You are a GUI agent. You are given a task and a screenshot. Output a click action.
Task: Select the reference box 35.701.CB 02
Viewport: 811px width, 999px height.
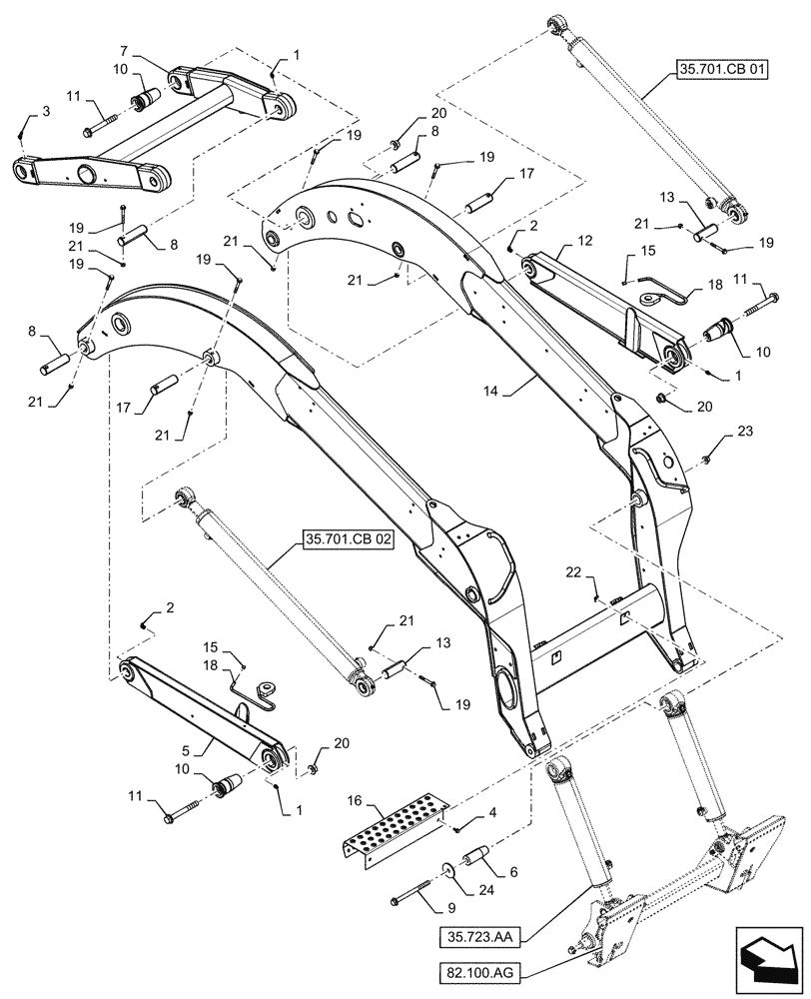[346, 545]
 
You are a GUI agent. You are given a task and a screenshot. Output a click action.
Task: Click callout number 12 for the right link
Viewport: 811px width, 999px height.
[584, 240]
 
